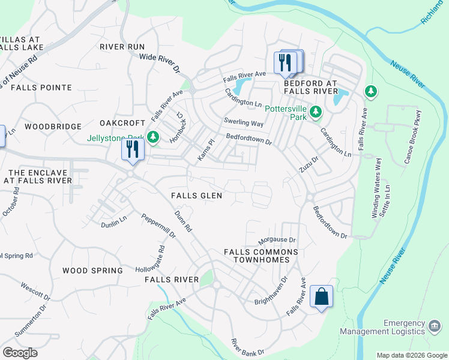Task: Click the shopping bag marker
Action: tap(321, 296)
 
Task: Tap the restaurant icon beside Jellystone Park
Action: tap(133, 149)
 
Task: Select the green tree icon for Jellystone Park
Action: tap(153, 137)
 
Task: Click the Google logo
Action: tap(20, 352)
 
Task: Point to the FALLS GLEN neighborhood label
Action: tap(196, 196)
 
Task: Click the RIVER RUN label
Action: tap(122, 47)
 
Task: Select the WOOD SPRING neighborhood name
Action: tap(92, 271)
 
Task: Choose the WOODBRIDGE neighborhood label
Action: tap(53, 127)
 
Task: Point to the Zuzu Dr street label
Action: tap(309, 164)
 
